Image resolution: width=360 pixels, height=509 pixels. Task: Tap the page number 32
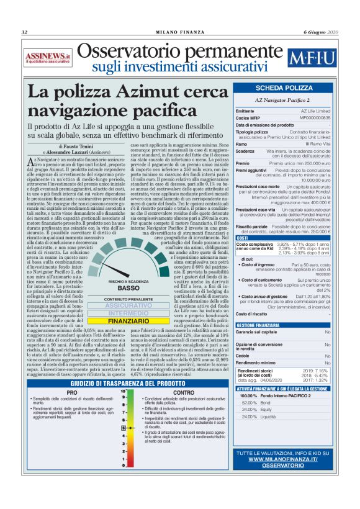point(25,32)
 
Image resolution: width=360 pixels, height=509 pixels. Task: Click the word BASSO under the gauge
point(128,288)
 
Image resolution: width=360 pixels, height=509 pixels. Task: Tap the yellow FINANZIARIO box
point(128,321)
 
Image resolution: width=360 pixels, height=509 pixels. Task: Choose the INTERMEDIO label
point(128,313)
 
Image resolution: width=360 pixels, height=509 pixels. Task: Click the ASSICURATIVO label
point(128,306)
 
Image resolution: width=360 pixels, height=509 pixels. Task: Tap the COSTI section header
point(243,238)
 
